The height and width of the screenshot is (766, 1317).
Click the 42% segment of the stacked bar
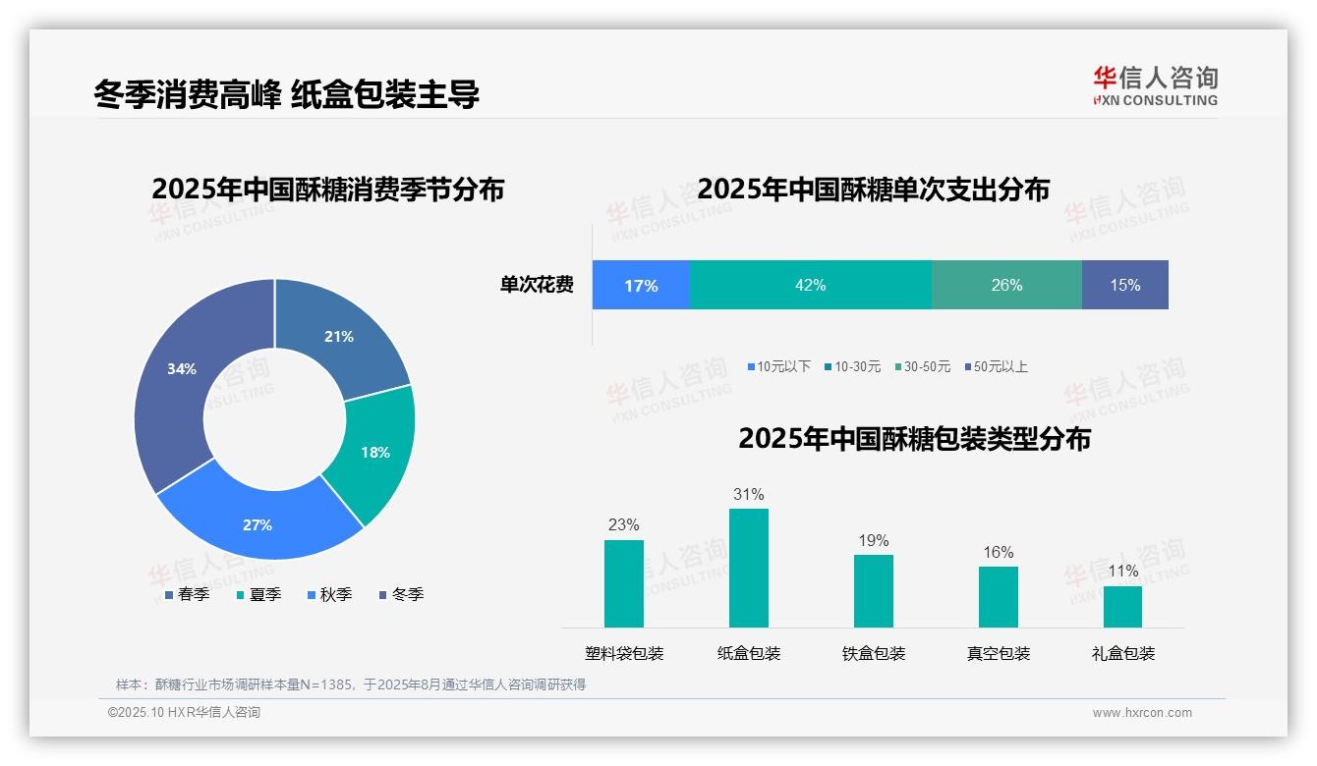[x=810, y=285]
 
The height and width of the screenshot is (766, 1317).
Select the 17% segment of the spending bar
[x=641, y=285]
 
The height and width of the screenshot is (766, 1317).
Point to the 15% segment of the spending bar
[x=1124, y=285]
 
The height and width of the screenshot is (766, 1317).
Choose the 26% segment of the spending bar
[x=1006, y=285]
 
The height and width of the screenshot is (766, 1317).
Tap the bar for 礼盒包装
[x=1122, y=606]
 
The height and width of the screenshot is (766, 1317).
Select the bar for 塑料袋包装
[x=624, y=583]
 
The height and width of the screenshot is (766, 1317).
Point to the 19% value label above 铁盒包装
[x=873, y=540]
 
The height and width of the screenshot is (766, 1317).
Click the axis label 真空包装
[x=999, y=653]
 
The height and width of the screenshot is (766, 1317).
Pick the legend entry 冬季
[x=401, y=594]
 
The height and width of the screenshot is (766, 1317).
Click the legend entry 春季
[x=187, y=594]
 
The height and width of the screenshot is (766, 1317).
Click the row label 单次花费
[x=537, y=285]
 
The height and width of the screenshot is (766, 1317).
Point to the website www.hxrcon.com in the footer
[x=1142, y=713]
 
